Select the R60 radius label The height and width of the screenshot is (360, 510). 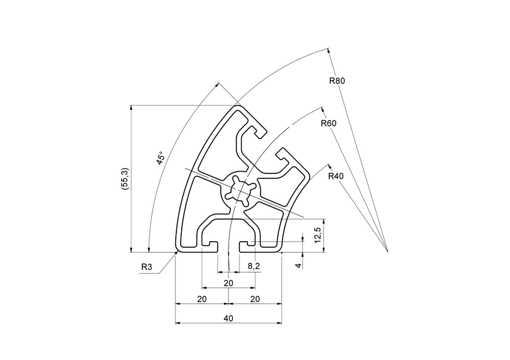tap(328, 124)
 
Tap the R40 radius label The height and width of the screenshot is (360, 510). tap(336, 176)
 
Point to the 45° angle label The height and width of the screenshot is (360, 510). tap(160, 158)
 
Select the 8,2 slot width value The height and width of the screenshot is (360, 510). tap(253, 266)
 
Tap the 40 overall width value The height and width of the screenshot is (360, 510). tap(228, 318)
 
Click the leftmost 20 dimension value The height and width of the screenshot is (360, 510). tap(202, 298)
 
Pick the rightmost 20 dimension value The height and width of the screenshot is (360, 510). tap(254, 298)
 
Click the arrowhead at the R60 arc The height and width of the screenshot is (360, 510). tap(322, 109)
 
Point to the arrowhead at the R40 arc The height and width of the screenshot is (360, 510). tap(329, 164)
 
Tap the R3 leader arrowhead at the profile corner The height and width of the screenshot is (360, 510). tap(177, 253)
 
